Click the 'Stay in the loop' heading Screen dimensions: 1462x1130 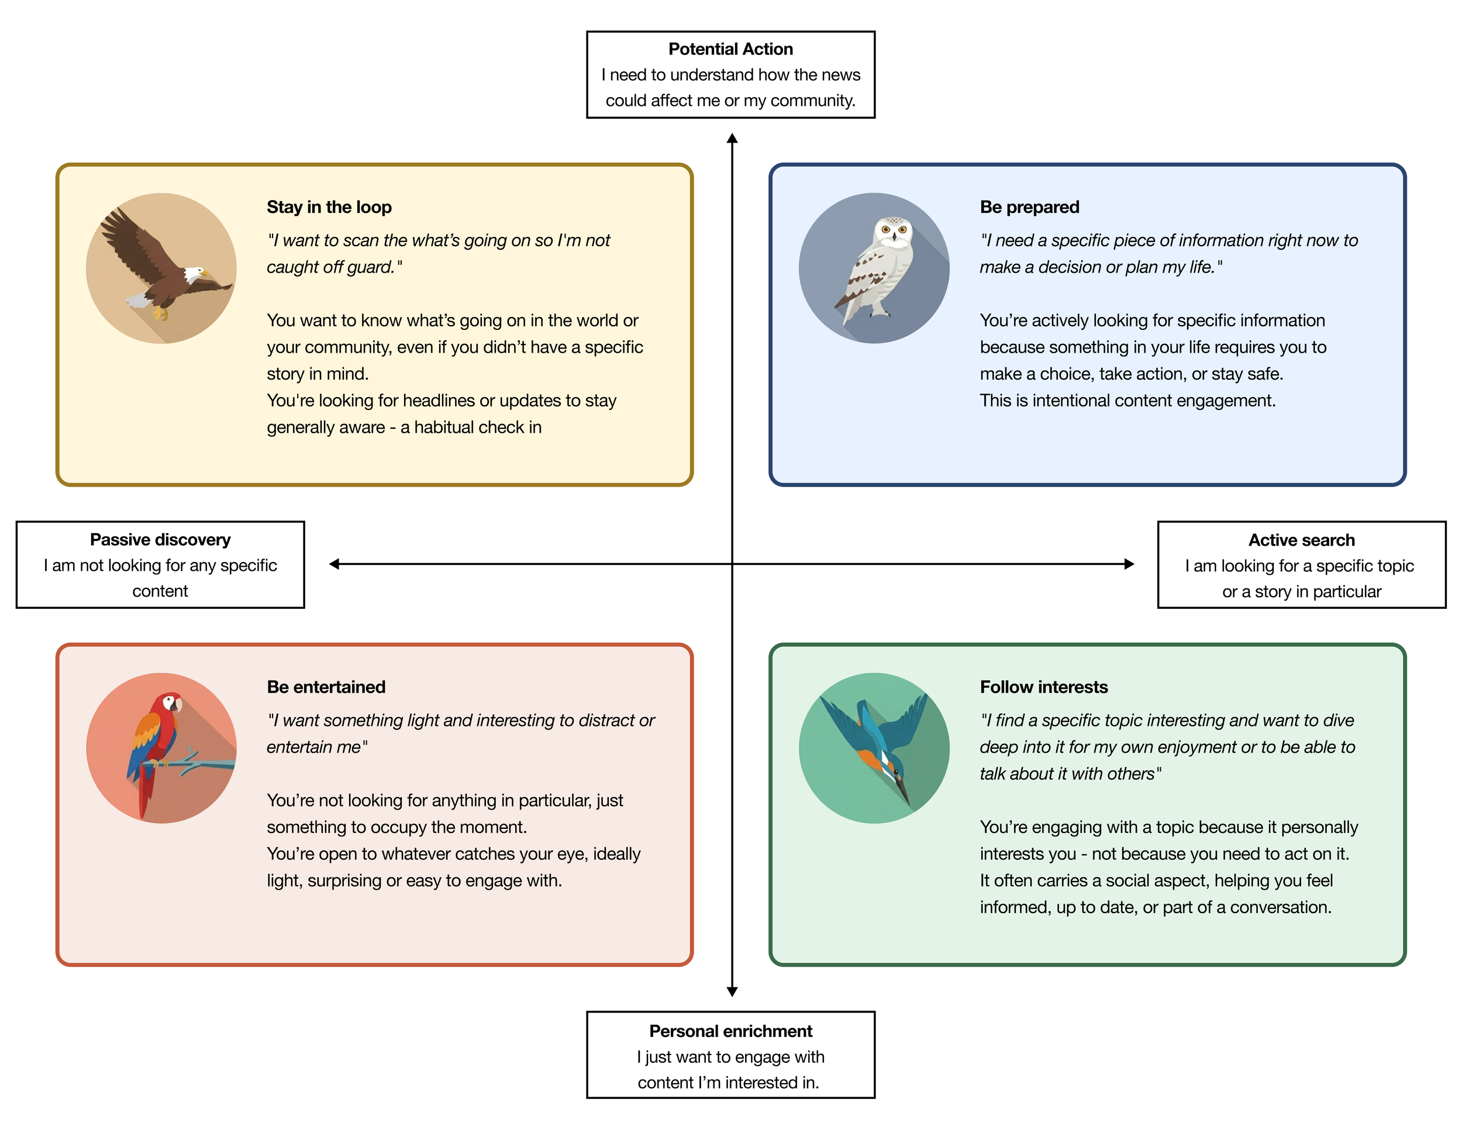pos(329,207)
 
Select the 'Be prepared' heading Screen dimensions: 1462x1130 pos(1029,207)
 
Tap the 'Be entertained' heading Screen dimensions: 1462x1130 pos(326,687)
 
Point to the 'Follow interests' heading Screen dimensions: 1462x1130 pos(1044,687)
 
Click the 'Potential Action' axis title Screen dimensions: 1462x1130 pos(730,49)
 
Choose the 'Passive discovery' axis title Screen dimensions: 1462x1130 pos(160,540)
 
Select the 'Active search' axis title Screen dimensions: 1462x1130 pos(1301,540)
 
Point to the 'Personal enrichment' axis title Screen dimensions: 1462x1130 pos(730,1031)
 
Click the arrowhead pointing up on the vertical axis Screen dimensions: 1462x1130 pos(732,138)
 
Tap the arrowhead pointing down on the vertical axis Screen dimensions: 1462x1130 pos(732,991)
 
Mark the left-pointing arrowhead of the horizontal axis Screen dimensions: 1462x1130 pos(334,564)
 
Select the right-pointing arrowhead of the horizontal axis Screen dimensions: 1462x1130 pos(1129,564)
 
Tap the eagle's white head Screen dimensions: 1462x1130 pos(195,274)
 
